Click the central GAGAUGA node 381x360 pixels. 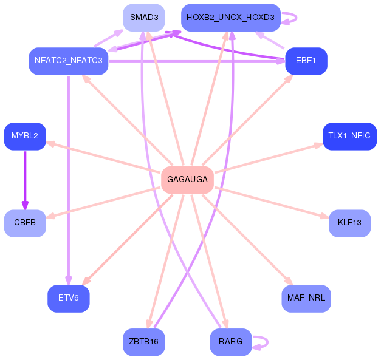click(187, 180)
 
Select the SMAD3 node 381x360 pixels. click(144, 18)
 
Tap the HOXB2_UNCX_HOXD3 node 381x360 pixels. click(230, 18)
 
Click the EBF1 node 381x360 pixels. click(306, 61)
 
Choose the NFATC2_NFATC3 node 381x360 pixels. click(69, 61)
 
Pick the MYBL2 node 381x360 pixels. click(25, 136)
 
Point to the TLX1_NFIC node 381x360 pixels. click(349, 136)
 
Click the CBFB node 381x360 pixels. click(25, 223)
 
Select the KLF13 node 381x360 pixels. click(349, 223)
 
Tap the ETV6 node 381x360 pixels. click(69, 298)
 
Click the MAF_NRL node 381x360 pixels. click(306, 298)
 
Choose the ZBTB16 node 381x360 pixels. click(144, 342)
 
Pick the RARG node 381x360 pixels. click(230, 342)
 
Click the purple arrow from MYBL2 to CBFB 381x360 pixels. click(25, 179)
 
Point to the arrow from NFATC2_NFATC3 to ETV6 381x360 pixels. click(69, 182)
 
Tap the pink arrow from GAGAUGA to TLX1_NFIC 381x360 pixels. click(267, 158)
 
